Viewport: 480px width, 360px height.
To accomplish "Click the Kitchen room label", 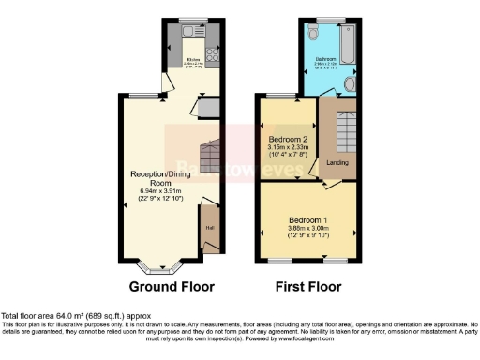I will click(x=192, y=59).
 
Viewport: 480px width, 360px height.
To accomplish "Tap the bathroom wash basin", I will click(x=349, y=86).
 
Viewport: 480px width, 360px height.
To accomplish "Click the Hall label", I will click(x=210, y=228).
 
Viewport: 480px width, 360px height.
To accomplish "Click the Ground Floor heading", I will click(x=171, y=287).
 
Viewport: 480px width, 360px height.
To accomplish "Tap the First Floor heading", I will click(x=307, y=287).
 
